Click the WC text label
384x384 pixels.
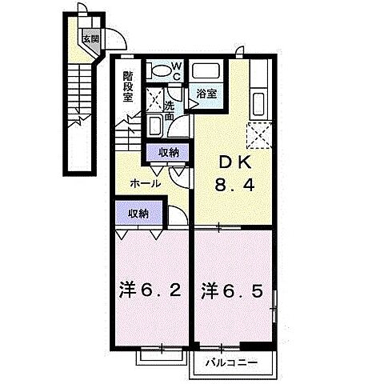tap(178, 70)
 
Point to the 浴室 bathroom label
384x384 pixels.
tap(206, 94)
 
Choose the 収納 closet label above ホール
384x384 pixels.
tap(168, 152)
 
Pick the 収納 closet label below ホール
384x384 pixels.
tap(138, 214)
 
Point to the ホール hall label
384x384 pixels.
tap(145, 183)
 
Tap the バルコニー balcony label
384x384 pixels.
tap(230, 362)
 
